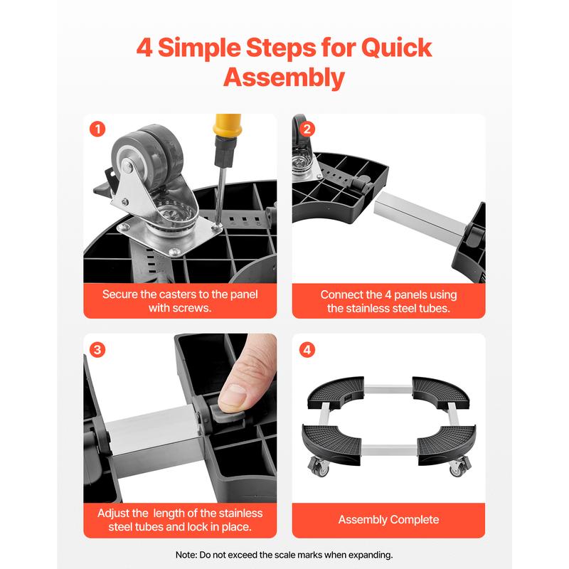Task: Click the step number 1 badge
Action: coord(97,129)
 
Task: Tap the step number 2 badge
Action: coord(307,129)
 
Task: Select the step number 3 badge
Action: coord(97,350)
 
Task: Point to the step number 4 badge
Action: coord(307,350)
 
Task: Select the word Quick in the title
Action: coord(396,48)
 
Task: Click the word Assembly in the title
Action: coord(284,78)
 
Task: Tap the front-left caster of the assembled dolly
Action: coord(319,467)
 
